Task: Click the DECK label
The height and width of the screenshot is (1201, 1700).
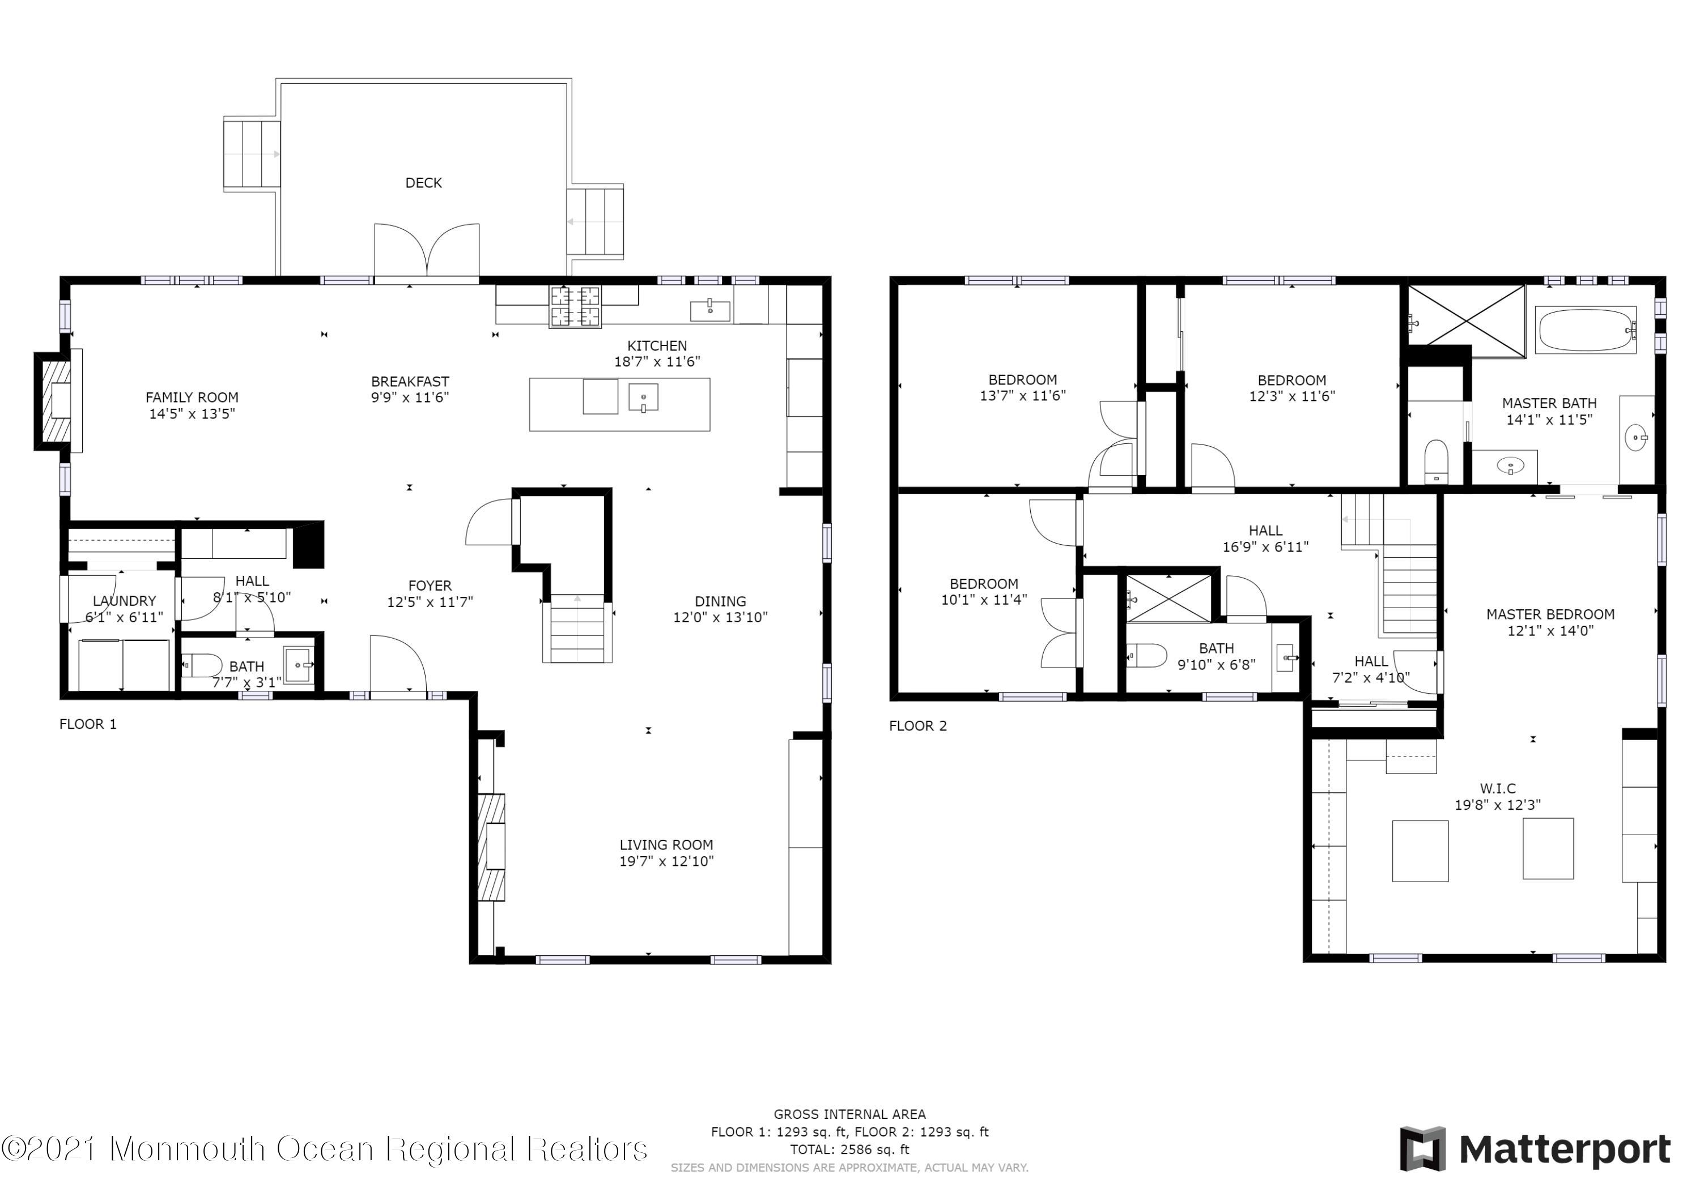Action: click(x=423, y=183)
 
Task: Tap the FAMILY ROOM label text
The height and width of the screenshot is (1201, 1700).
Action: click(x=192, y=398)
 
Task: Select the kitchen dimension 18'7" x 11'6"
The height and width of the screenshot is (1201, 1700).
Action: click(x=657, y=362)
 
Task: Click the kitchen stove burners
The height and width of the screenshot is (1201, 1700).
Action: click(x=575, y=306)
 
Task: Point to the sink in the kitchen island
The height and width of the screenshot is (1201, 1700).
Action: click(x=643, y=398)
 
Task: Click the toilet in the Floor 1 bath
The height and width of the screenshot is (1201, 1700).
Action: click(x=202, y=665)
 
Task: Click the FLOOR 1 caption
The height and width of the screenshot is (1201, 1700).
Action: click(x=88, y=724)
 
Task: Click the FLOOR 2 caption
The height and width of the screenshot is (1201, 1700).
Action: click(x=918, y=726)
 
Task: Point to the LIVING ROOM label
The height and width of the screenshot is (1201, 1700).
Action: click(x=666, y=845)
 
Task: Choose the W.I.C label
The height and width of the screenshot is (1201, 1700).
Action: click(x=1498, y=789)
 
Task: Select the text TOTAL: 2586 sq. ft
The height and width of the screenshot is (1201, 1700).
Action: click(x=849, y=1149)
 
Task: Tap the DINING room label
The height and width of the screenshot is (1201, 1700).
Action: click(x=720, y=601)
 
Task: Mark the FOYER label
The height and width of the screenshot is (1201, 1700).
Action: click(x=430, y=586)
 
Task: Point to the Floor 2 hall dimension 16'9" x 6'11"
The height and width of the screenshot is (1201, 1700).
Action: click(x=1265, y=547)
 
